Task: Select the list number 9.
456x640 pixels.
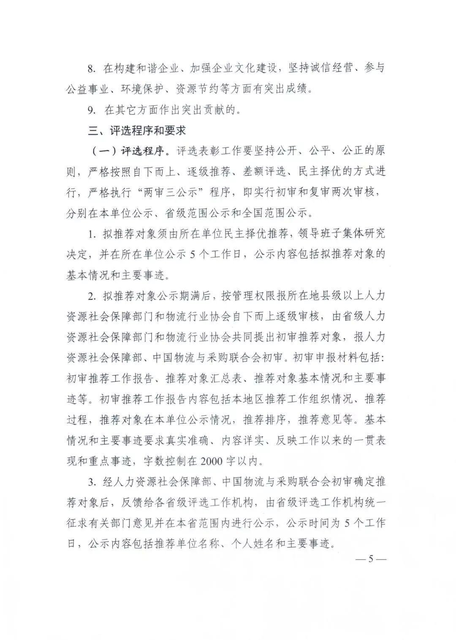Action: tap(92, 111)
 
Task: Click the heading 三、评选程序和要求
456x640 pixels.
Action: tap(137, 131)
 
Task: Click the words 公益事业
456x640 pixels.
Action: tap(88, 90)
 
